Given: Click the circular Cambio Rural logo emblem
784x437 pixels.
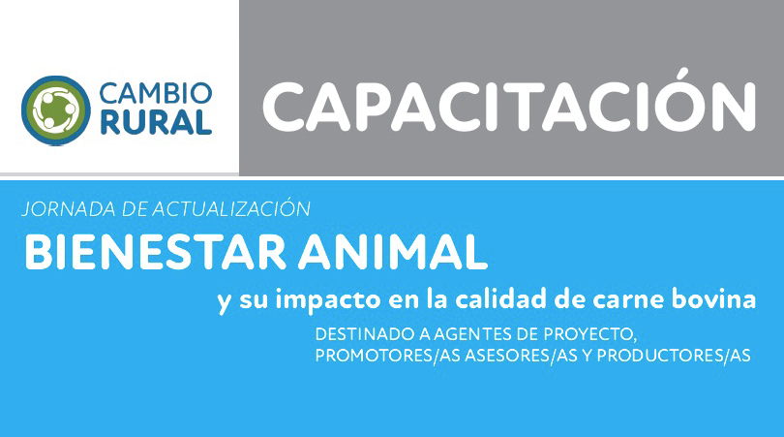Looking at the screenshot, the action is (56, 110).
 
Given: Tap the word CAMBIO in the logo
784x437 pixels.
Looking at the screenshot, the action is (156, 93).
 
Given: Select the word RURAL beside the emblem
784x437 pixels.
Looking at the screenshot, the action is (156, 123).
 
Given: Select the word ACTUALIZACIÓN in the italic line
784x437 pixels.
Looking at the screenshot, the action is (231, 207).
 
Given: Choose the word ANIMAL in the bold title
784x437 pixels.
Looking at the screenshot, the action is (393, 252).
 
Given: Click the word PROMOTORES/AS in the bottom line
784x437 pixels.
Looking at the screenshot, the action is (388, 356).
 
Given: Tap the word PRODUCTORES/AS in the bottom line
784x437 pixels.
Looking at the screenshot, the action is (674, 356).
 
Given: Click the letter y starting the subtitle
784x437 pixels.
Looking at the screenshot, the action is (224, 302).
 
